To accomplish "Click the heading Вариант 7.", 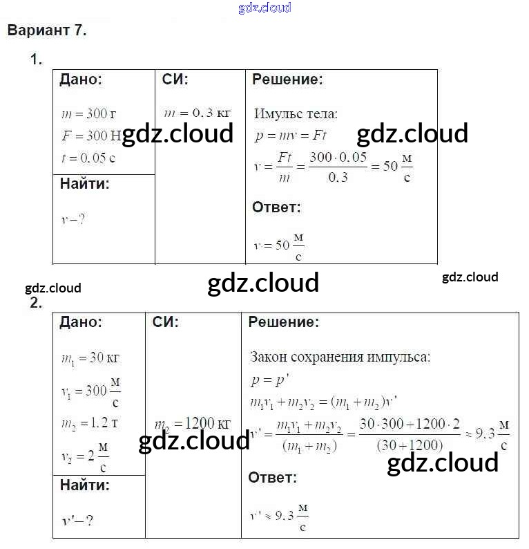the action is pos(46,30).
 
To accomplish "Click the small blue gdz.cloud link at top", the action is pos(264,8).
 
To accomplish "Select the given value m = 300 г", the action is pos(87,113).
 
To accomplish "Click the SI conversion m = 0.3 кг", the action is pos(197,113).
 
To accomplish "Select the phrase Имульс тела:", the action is pos(296,113).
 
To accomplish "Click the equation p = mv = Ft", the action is pos(290,136).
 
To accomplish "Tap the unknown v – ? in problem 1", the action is pos(73,219).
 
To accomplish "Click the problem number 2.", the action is pos(36,303).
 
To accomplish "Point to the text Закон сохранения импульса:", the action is pos(339,357).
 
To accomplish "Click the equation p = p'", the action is pos(264,379).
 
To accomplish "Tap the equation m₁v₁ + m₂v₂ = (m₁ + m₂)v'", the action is pos(323,401).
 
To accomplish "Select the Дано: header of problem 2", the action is pos(81,322).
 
